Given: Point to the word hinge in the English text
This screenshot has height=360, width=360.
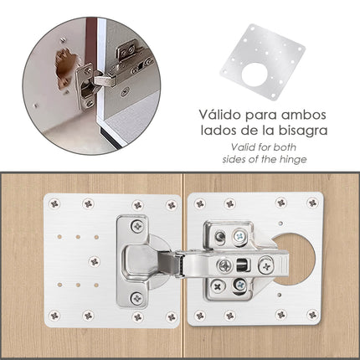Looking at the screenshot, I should [291, 159].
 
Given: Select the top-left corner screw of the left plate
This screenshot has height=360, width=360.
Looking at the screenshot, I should [55, 203].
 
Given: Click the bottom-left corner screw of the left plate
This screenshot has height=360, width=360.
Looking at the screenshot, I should [55, 316].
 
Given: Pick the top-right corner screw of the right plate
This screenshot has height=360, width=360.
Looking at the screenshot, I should [311, 203].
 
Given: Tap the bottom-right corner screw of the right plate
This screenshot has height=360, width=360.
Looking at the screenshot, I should [311, 315].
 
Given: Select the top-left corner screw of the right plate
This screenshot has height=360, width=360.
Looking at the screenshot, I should [199, 203].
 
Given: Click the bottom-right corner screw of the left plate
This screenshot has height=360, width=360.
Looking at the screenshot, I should [171, 316].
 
